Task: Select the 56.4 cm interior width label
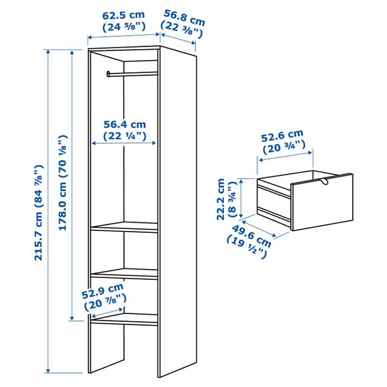coord(125,124)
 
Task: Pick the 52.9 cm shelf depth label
coord(103,288)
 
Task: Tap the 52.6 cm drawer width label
coord(282,136)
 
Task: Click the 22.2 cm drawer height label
coord(221,199)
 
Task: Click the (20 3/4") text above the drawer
coord(282,148)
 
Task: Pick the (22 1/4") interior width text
coord(125,136)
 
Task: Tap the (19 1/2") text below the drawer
coord(246,246)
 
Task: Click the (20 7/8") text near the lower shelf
coord(103,300)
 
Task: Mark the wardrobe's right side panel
coord(177,213)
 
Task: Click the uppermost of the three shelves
coord(125,226)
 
